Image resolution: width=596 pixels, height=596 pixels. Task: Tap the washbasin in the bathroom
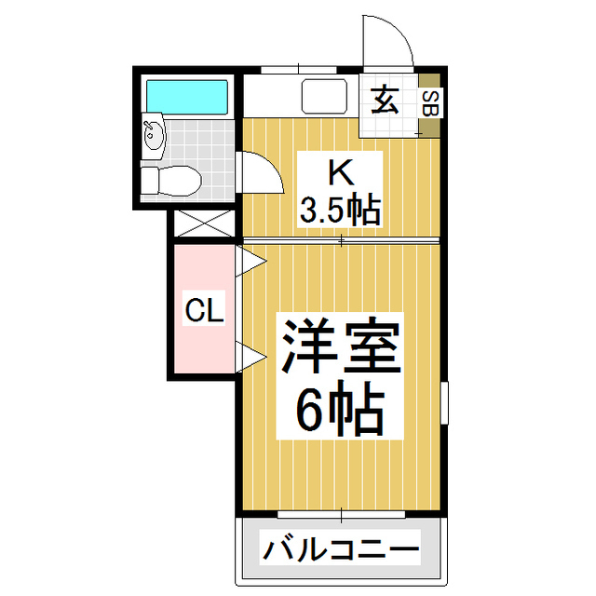tap(153, 136)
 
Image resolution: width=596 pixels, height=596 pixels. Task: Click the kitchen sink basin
tap(322, 97)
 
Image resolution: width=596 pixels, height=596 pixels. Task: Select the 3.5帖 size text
tap(340, 210)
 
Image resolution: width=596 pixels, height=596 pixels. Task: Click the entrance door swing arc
tap(386, 42)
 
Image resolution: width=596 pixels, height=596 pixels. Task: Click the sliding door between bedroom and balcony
tap(340, 513)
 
